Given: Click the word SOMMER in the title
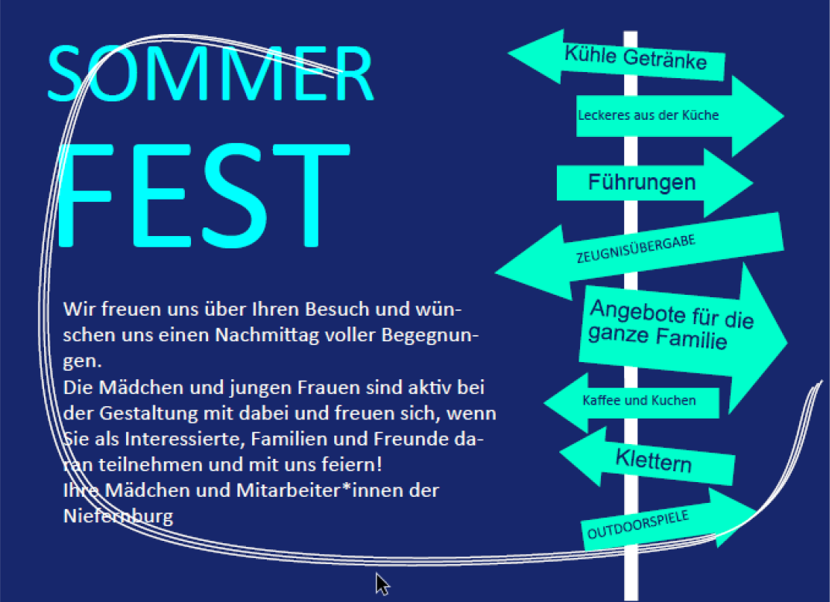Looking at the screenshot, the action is pyautogui.click(x=210, y=73).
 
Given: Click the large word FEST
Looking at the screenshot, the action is pyautogui.click(x=203, y=195).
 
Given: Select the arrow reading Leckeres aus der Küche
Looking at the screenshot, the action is pyautogui.click(x=680, y=116).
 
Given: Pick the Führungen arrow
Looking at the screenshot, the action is pyautogui.click(x=654, y=183).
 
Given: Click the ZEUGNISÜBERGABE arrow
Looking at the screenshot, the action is pyautogui.click(x=640, y=255).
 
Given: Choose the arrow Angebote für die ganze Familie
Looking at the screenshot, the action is pyautogui.click(x=683, y=337).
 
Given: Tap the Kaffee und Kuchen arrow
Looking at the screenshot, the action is pyautogui.click(x=631, y=402).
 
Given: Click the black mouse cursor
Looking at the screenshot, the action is pyautogui.click(x=382, y=584).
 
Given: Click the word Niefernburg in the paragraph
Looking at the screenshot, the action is pyautogui.click(x=118, y=515).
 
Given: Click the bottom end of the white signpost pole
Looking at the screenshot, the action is pyautogui.click(x=631, y=600).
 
